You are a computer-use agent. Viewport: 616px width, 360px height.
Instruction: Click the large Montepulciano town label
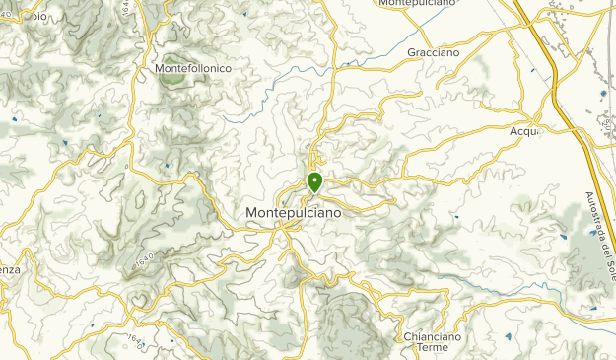[x=294, y=213]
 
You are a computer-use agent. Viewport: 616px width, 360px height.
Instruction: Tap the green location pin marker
[x=314, y=182]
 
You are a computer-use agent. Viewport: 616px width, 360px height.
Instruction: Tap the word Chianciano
[x=432, y=336]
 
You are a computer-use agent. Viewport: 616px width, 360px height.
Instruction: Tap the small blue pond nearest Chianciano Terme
[x=509, y=336]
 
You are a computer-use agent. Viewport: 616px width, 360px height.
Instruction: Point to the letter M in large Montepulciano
[x=250, y=213]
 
